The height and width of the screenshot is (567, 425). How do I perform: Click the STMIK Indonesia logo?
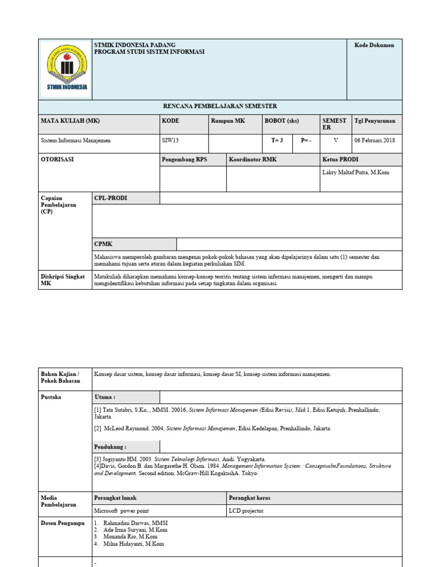pos(65,69)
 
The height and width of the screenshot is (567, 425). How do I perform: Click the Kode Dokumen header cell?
pos(374,45)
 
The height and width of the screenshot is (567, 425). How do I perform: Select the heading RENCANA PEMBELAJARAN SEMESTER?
pos(220,106)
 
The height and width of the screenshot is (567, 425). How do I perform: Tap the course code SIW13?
pos(170,141)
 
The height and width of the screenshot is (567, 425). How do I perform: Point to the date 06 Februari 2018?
pos(375,141)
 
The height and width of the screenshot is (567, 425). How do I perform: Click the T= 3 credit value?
pos(277,141)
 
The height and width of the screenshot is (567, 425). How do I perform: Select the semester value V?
pos(335,141)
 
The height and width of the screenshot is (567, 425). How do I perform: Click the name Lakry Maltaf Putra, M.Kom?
pos(355,172)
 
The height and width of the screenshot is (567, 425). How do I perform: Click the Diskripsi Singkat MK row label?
pos(63,280)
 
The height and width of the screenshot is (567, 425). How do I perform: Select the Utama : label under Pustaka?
pos(105,397)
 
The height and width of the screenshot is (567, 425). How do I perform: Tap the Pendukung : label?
pos(110,446)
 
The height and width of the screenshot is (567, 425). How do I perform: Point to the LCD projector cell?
pos(246,511)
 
